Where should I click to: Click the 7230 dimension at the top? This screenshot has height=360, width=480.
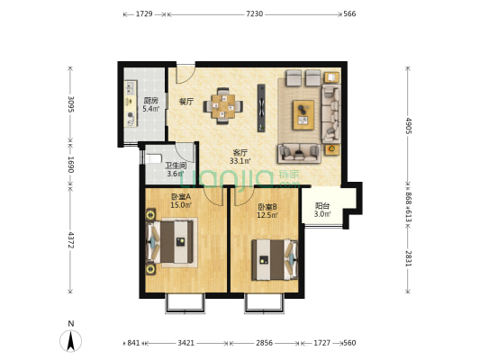tap(254, 13)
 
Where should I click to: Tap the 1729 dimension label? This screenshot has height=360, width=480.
tap(144, 13)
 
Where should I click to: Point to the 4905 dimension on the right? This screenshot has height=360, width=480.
tap(408, 125)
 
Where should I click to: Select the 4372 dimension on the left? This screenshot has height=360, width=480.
tap(71, 240)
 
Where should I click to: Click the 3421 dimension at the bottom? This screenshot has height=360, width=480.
tap(186, 343)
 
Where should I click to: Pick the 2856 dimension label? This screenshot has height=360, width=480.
tap(264, 343)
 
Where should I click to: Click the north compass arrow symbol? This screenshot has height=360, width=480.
tap(71, 341)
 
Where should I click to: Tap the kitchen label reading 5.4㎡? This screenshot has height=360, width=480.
tap(151, 108)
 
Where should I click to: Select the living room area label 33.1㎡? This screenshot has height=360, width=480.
tap(240, 161)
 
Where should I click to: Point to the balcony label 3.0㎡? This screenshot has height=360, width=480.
tap(322, 214)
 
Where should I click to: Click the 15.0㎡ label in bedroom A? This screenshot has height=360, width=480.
tap(181, 205)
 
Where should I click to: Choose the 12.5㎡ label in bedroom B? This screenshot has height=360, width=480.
tap(267, 215)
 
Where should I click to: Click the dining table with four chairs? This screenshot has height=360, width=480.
tap(222, 106)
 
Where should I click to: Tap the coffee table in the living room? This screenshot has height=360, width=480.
tap(303, 114)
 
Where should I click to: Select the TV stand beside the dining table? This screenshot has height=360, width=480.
tap(261, 108)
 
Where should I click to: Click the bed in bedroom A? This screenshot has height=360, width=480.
tap(170, 242)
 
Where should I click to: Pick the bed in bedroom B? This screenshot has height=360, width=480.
tap(275, 260)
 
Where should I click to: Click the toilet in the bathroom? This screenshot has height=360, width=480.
tap(153, 158)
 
